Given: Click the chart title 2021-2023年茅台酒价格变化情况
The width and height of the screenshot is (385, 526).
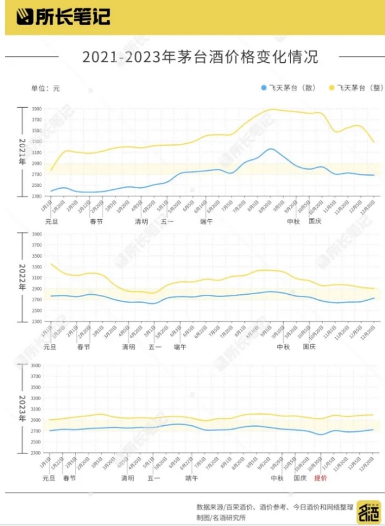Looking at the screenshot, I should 199,58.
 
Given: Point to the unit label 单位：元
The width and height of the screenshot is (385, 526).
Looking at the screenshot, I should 46,88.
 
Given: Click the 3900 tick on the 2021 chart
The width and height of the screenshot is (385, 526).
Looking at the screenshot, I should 37,109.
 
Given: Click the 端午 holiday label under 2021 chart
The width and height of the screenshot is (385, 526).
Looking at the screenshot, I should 207,221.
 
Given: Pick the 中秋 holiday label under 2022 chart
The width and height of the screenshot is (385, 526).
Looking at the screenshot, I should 283,347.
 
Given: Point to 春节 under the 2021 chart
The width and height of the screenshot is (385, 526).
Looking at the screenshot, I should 96,221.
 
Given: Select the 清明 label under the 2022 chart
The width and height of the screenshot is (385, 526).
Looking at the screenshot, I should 129,347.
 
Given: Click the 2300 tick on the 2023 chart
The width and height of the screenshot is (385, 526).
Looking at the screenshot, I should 37,452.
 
